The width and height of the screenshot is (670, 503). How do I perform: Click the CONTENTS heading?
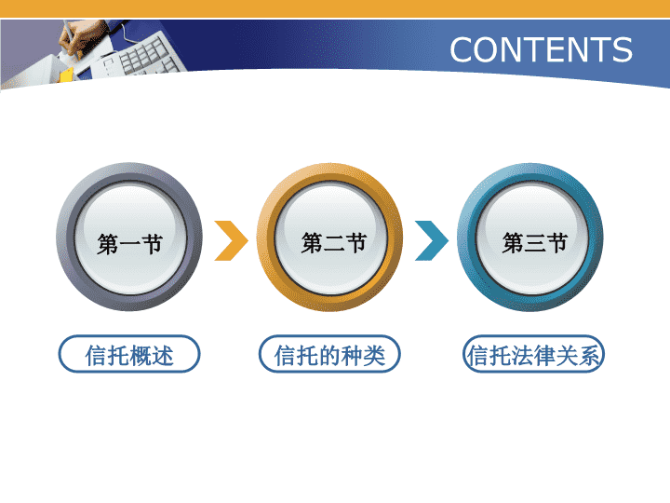(x=541, y=49)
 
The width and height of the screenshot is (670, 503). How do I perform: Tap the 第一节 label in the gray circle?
(x=129, y=244)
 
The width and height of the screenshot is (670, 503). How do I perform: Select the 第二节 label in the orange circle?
(x=334, y=243)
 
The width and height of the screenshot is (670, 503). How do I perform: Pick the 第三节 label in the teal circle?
(x=534, y=243)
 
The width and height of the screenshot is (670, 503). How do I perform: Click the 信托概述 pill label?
(x=129, y=354)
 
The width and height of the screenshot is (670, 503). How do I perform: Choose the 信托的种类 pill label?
(x=329, y=354)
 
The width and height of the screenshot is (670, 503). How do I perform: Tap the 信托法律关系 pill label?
(x=534, y=354)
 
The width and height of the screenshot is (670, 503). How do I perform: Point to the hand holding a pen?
(x=76, y=39)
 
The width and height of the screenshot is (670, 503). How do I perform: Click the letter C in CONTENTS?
(x=462, y=49)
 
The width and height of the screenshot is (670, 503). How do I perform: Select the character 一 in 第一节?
(x=129, y=245)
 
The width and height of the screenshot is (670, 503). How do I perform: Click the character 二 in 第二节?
(x=334, y=243)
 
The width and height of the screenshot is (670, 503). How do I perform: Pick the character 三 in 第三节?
(x=534, y=243)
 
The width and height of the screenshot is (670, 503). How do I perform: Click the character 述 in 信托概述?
(x=162, y=355)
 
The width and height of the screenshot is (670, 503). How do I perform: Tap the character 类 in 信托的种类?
(x=374, y=355)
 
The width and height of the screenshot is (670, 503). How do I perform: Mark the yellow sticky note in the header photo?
(x=66, y=75)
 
